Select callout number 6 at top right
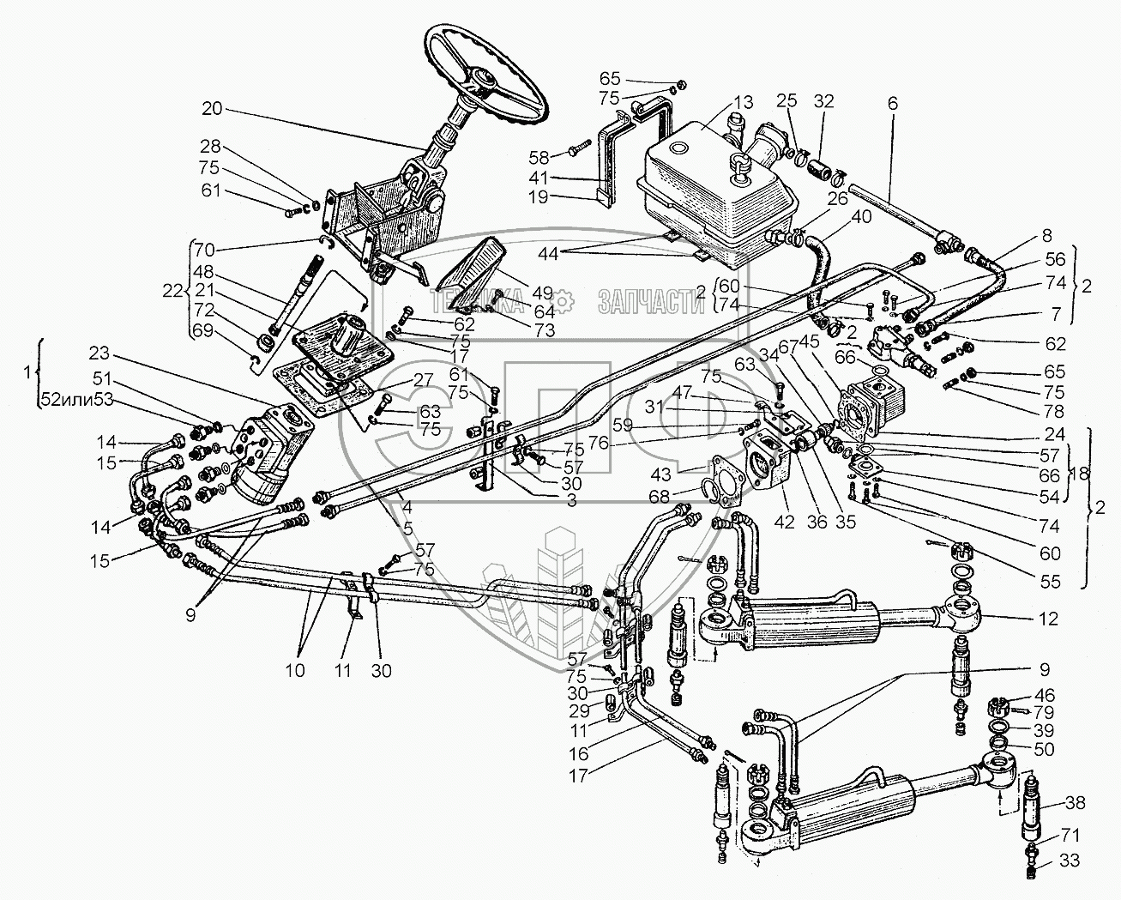[x=893, y=102]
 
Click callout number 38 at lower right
[x=1076, y=804]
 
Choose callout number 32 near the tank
[x=823, y=100]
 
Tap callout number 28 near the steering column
[x=211, y=146]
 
